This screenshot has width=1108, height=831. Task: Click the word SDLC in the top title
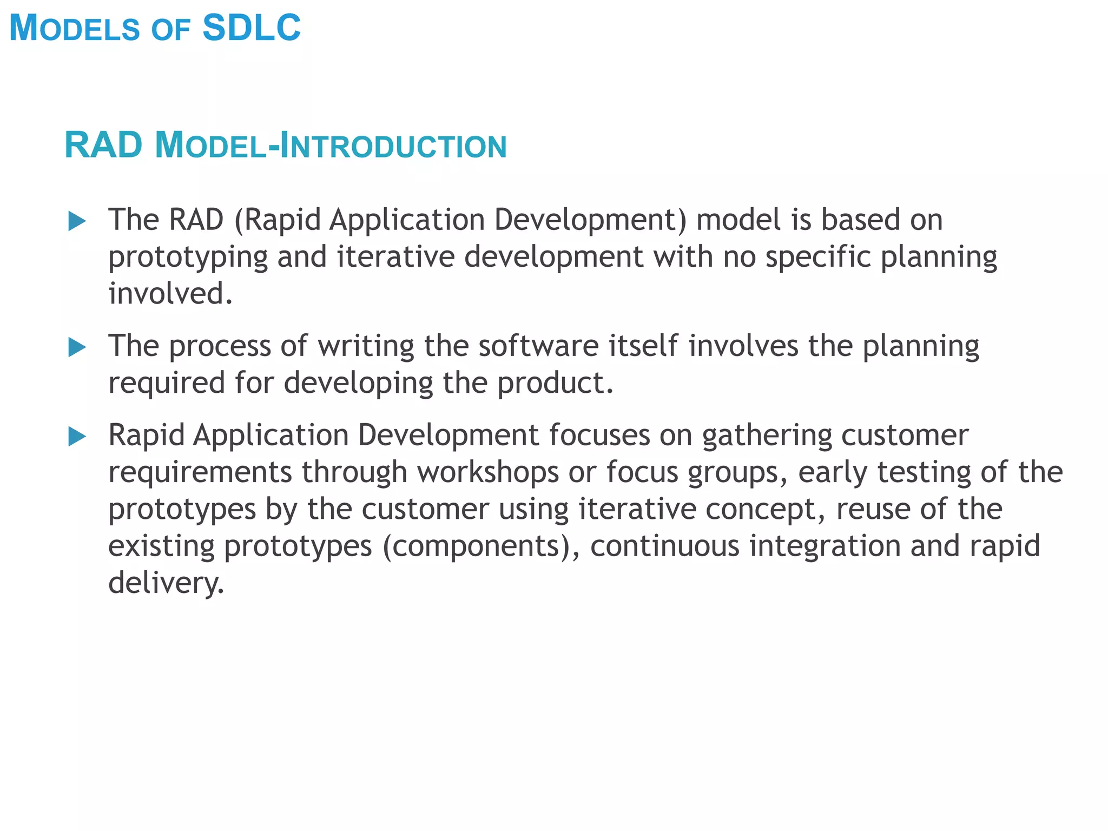(251, 28)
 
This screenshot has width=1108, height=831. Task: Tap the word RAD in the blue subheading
(103, 146)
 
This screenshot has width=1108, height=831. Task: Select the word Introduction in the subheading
(393, 146)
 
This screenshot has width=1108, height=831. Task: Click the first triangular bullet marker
(77, 221)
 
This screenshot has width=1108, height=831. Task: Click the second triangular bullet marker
(77, 347)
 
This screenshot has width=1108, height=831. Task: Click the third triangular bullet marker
(77, 437)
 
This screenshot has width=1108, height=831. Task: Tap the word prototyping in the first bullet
(188, 258)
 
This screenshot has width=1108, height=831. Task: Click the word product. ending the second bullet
(555, 384)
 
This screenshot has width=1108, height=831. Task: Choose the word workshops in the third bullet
(487, 472)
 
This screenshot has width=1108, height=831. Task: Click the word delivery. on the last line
(166, 583)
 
